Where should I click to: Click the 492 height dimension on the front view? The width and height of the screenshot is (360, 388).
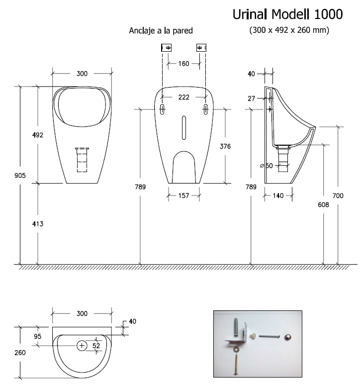pos(38,135)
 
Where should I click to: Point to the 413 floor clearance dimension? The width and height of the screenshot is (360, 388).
pos(38,224)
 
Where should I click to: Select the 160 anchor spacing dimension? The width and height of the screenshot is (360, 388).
pos(183,64)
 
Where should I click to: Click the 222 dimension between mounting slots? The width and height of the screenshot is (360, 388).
pos(183,97)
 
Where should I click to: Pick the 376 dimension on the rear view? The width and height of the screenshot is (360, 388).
pos(225,146)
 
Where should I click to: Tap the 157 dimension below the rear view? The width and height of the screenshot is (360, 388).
pos(183,196)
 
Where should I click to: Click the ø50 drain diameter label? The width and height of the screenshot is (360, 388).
pos(267,166)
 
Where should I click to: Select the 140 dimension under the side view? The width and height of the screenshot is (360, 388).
pos(278,196)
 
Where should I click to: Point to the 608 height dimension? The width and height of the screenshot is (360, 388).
pos(323,204)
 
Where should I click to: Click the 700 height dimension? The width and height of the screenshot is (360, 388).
pos(338,196)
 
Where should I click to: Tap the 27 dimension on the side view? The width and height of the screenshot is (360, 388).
pos(252,98)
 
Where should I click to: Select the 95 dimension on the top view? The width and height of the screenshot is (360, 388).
pos(38,336)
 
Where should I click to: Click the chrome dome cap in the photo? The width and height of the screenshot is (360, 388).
pos(288,338)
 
